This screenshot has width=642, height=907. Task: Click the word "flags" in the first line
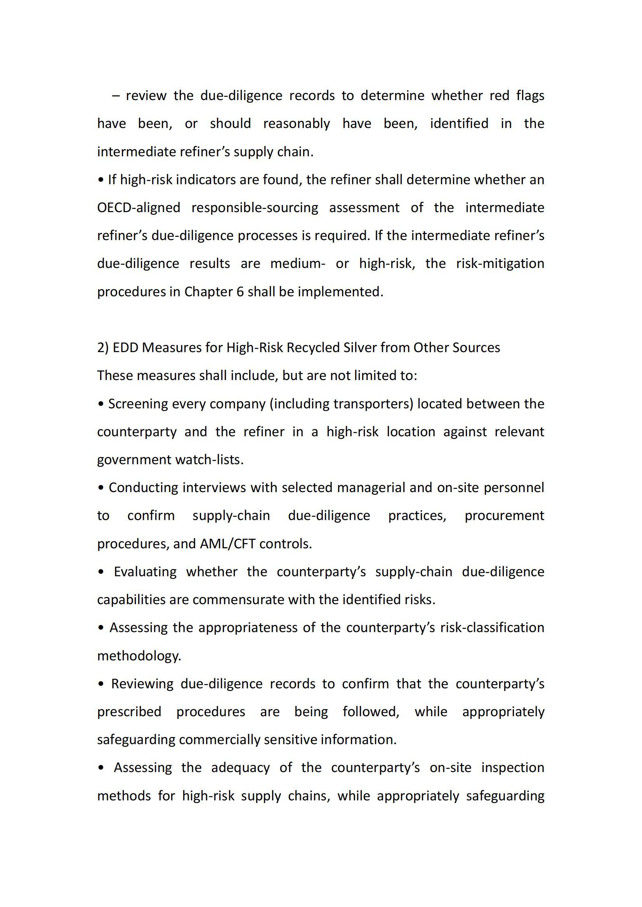pyautogui.click(x=530, y=96)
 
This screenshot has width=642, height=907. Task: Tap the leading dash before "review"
pyautogui.click(x=116, y=96)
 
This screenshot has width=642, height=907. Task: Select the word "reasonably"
pyautogui.click(x=297, y=124)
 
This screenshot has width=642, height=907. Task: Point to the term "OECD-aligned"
pyautogui.click(x=139, y=208)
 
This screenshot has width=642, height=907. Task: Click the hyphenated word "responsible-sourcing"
pyautogui.click(x=255, y=208)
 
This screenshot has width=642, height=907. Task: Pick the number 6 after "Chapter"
pyautogui.click(x=240, y=292)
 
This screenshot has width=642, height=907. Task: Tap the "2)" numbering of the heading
pyautogui.click(x=103, y=347)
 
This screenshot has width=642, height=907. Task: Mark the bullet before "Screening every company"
pyautogui.click(x=101, y=404)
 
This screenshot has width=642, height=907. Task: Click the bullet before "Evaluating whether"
pyautogui.click(x=101, y=572)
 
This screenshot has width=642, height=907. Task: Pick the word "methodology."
pyautogui.click(x=139, y=656)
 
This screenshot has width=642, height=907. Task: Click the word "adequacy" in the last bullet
pyautogui.click(x=240, y=767)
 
